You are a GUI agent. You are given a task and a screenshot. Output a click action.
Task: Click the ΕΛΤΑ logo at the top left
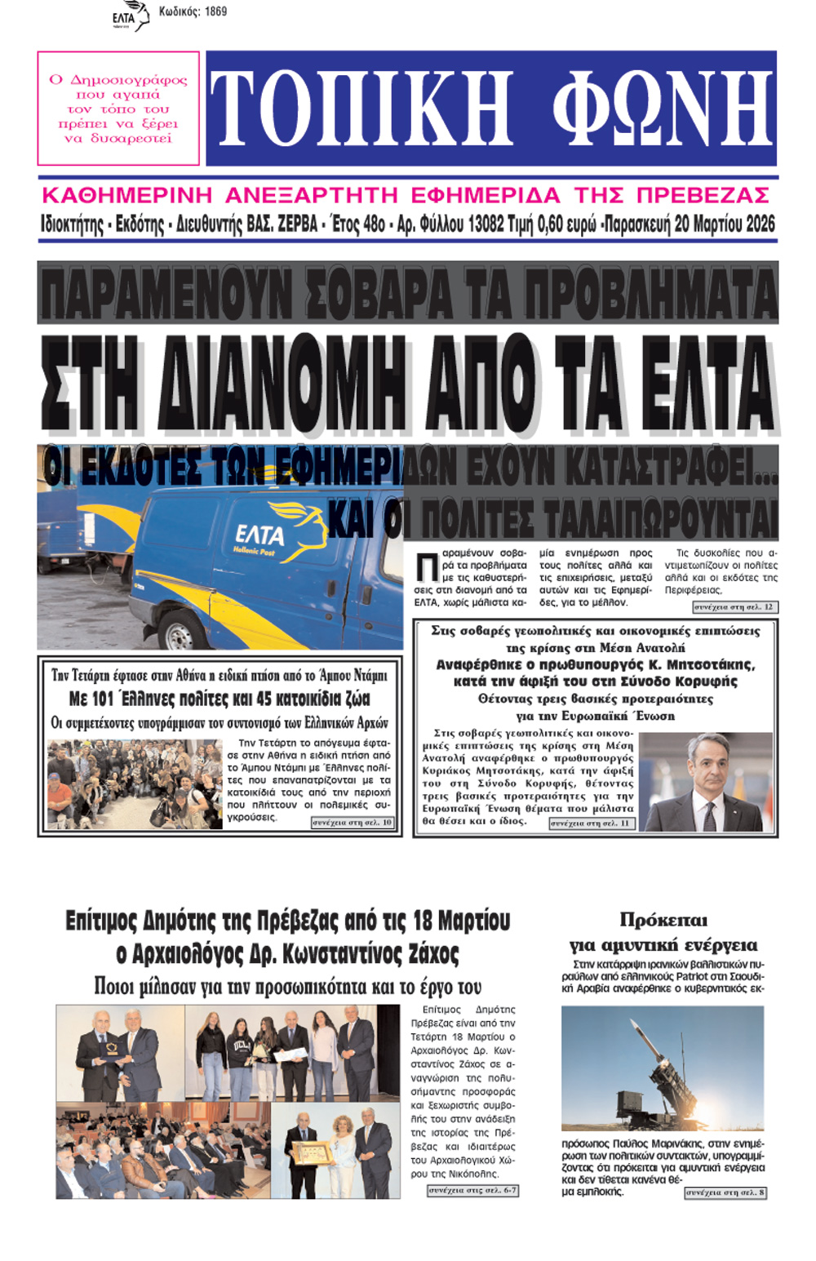pos(130,16)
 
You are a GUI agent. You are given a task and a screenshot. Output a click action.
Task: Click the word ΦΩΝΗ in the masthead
pos(662,109)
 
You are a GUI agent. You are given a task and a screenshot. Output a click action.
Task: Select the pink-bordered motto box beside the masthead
pos(118,109)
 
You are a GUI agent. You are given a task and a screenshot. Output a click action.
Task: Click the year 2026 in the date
pos(758,224)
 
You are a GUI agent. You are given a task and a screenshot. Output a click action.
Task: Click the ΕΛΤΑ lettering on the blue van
pos(259,535)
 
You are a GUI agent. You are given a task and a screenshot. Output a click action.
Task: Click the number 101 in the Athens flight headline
pos(102,699)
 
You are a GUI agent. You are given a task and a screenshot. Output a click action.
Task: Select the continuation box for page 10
pos(353,823)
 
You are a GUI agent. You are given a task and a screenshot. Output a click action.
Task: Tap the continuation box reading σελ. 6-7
pos(472,1191)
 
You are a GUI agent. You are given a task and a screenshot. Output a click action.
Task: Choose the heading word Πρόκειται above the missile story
pos(663,921)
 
